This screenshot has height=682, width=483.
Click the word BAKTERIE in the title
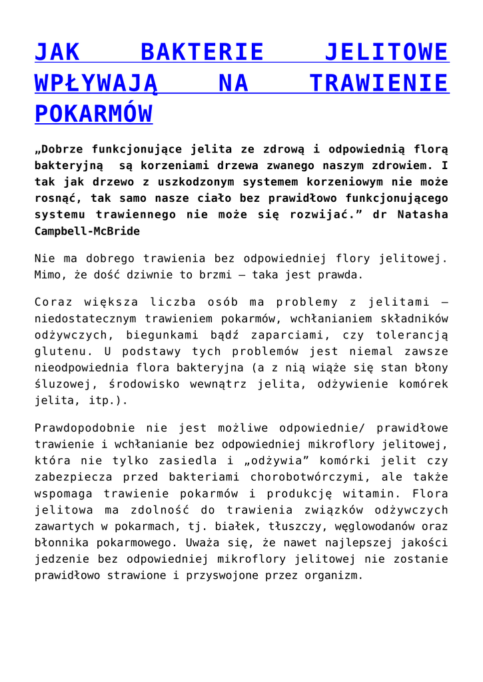(x=203, y=52)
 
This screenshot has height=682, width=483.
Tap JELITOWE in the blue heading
(x=386, y=52)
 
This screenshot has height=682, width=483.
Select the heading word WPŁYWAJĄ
(x=95, y=83)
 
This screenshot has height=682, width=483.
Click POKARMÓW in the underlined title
(x=93, y=115)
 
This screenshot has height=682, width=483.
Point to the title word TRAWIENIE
(x=379, y=83)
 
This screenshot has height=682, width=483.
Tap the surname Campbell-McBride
(x=88, y=231)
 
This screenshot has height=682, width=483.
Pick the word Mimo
(x=49, y=274)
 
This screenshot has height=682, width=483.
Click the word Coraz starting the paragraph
(x=52, y=302)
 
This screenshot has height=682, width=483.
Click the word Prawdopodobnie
(x=84, y=428)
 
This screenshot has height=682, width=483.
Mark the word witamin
(x=376, y=494)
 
